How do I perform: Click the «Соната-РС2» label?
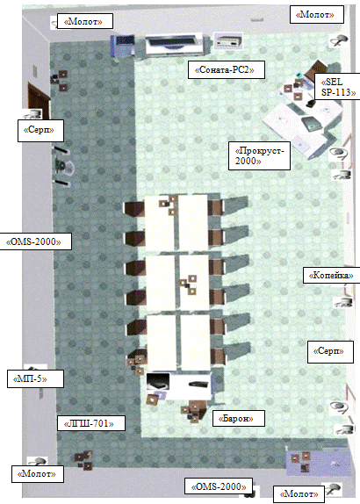pos(227,69)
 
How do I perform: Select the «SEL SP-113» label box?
pos(337,86)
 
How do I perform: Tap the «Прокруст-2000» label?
pos(259,155)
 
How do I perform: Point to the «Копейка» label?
pos(331,275)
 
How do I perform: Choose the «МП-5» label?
pos(35,378)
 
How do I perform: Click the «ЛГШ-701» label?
pos(90,423)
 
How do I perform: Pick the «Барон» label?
pos(239,418)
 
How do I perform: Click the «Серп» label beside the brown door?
pos(40,130)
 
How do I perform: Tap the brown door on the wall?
pos(39,99)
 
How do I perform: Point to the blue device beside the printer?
pos(122,46)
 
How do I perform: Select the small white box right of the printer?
pos(228,40)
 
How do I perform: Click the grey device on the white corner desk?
pos(311,124)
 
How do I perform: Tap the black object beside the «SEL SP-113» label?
pos(311,104)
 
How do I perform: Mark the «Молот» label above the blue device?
pos(85,21)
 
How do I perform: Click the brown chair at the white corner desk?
pos(319,68)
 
